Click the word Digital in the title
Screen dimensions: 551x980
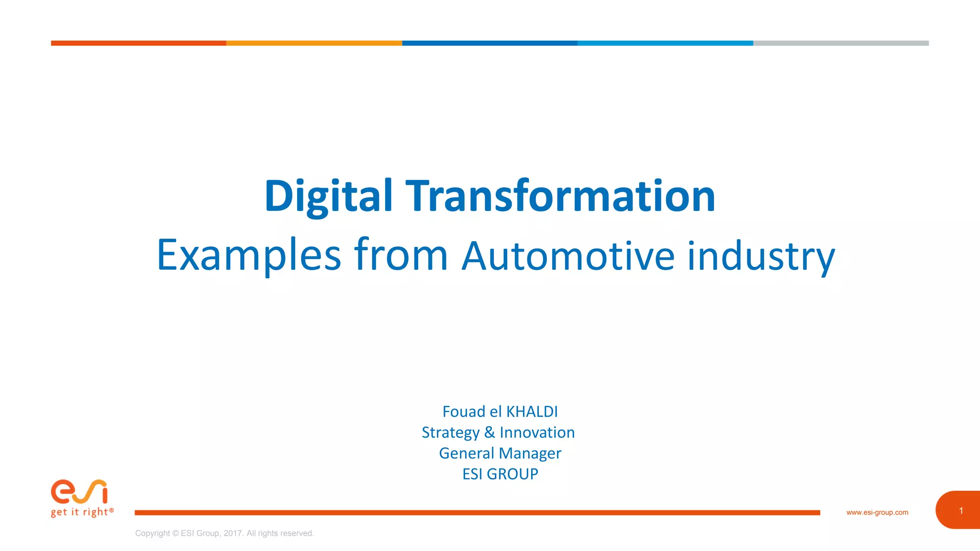pyautogui.click(x=328, y=196)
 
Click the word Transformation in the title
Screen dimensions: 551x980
pyautogui.click(x=560, y=196)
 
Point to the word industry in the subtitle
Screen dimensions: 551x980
pyautogui.click(x=761, y=256)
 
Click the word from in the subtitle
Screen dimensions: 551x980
pyautogui.click(x=401, y=254)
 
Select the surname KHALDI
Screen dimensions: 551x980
pyautogui.click(x=532, y=412)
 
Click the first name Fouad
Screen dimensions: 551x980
pyautogui.click(x=463, y=412)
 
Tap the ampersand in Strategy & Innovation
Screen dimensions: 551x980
pyautogui.click(x=489, y=432)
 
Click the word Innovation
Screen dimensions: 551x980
pyautogui.click(x=537, y=432)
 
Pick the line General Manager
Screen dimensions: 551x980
pyautogui.click(x=500, y=453)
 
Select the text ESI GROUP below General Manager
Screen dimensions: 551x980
pyautogui.click(x=500, y=474)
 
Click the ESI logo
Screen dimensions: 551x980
pyautogui.click(x=79, y=492)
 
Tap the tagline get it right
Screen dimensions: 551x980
pyautogui.click(x=82, y=512)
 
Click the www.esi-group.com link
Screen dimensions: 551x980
pyautogui.click(x=877, y=512)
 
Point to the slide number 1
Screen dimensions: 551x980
pyautogui.click(x=960, y=511)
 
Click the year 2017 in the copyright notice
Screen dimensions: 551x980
pyautogui.click(x=233, y=533)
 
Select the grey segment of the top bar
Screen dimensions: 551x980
pyautogui.click(x=841, y=43)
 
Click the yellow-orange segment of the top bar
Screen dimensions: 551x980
pyautogui.click(x=314, y=43)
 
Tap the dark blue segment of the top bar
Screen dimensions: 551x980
pyautogui.click(x=490, y=43)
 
